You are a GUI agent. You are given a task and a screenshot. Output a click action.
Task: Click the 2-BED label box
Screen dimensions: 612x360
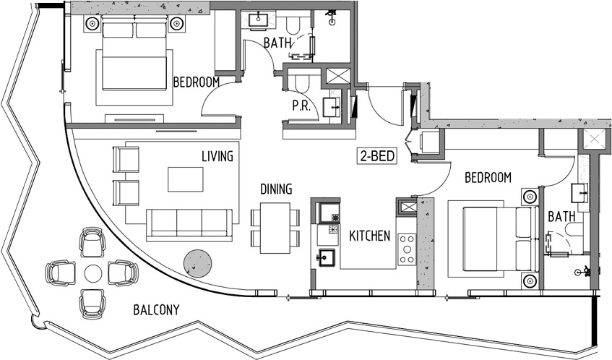[377, 156]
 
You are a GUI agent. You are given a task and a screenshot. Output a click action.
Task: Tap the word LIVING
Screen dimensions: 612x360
[217, 157]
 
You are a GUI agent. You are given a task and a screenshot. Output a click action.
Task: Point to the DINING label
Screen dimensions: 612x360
[276, 189]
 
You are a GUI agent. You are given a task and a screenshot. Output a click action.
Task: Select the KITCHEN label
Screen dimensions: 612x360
[370, 236]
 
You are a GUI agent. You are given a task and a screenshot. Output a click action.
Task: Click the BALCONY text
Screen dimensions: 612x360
[156, 310]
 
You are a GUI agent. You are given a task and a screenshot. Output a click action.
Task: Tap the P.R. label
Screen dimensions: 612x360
[301, 106]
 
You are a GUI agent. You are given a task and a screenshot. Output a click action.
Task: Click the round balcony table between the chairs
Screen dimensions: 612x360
[93, 273]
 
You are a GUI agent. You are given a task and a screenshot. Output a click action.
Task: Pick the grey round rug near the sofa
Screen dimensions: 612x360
[198, 264]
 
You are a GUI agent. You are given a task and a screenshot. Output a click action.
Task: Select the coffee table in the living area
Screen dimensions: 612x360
[186, 179]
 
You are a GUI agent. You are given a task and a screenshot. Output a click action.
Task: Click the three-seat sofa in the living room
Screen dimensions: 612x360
[189, 226]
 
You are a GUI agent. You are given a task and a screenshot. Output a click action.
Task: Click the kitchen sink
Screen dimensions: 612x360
[327, 257]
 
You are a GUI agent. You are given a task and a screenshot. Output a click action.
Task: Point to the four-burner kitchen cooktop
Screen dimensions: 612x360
[407, 249]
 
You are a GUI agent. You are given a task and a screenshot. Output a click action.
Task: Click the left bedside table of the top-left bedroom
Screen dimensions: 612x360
[92, 24]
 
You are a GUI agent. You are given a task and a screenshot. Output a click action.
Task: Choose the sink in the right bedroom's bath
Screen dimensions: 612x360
[580, 193]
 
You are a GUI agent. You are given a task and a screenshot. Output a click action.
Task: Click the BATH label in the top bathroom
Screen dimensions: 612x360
[277, 43]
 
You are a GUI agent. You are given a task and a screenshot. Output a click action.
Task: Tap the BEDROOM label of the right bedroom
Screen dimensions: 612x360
[488, 178]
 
